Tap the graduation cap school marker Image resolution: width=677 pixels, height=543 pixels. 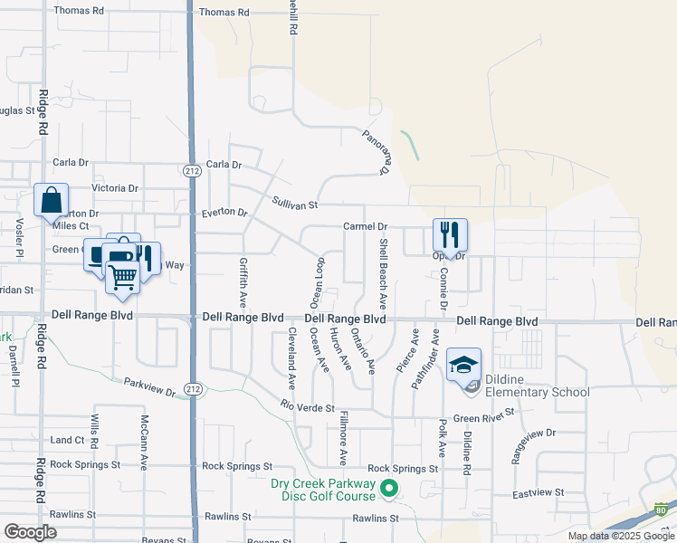click(x=463, y=365)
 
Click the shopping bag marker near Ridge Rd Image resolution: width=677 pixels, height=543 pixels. click(x=51, y=201)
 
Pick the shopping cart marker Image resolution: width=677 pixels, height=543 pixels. click(x=122, y=277)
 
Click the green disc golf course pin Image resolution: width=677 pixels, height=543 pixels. click(x=390, y=490)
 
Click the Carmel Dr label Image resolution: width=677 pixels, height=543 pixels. click(x=365, y=226)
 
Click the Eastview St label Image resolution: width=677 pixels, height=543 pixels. click(x=538, y=493)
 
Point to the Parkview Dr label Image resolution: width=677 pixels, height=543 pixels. click(x=149, y=386)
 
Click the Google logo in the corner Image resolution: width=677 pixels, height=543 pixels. click(x=31, y=531)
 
